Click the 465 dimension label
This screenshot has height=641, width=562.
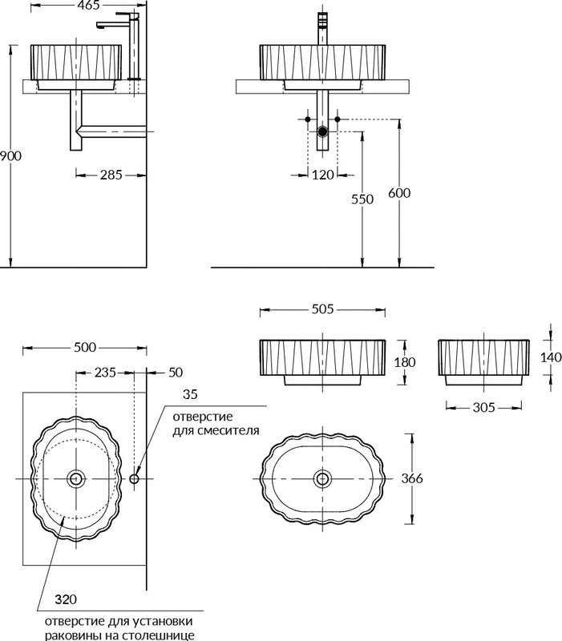[88, 5]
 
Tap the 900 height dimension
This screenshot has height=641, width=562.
[10, 155]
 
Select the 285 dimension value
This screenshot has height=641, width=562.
[111, 175]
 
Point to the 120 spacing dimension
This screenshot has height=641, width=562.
[323, 175]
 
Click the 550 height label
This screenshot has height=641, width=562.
[362, 199]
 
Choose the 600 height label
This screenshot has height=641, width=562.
[399, 193]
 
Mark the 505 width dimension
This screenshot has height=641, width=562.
[323, 309]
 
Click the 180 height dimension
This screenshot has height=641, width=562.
[405, 362]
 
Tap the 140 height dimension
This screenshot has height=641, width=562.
[551, 357]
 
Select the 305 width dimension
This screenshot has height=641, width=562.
[484, 407]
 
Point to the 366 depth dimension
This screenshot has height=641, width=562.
[412, 478]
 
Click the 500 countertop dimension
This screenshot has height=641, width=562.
[85, 348]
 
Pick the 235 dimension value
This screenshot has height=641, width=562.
[105, 373]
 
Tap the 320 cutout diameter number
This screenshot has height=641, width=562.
[66, 599]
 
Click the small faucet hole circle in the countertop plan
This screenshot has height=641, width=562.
[134, 478]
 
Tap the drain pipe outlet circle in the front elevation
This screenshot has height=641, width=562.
[323, 131]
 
